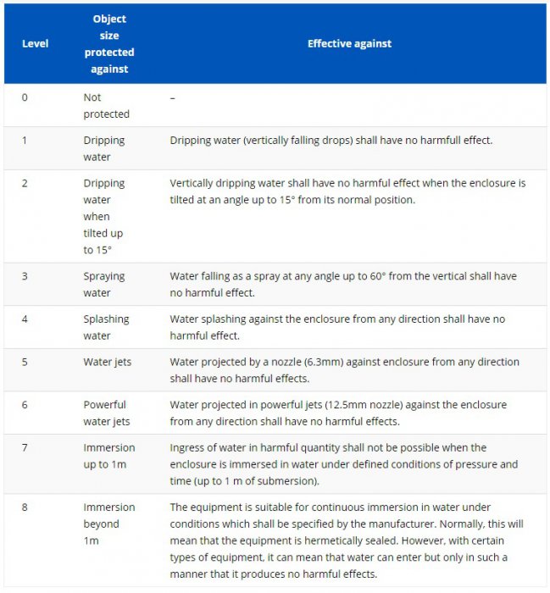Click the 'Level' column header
(x=35, y=44)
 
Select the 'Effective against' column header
(x=349, y=44)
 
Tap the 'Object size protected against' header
(x=108, y=44)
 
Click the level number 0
(x=25, y=97)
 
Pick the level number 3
(x=25, y=276)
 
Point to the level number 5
(x=25, y=362)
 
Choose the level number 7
(x=25, y=447)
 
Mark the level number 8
(x=25, y=507)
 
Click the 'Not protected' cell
(x=106, y=106)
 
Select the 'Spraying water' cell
(x=104, y=285)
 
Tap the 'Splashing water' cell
(x=106, y=328)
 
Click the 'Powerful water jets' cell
(x=104, y=413)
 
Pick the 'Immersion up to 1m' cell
(x=108, y=456)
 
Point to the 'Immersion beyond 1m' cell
(x=108, y=524)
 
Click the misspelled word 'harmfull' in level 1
(x=429, y=140)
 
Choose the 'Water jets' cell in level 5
(x=107, y=362)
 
